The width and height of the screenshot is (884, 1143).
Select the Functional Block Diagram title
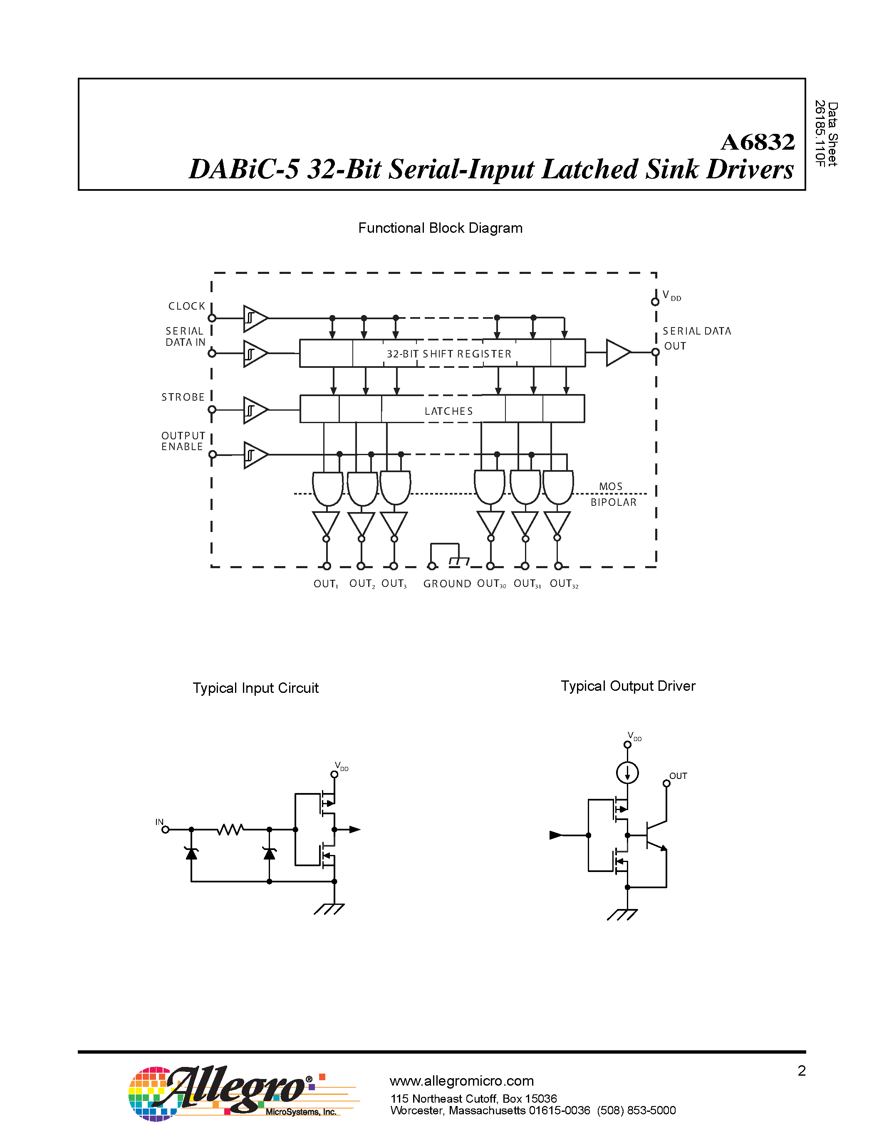440,228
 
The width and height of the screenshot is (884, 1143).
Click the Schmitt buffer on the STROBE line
255,410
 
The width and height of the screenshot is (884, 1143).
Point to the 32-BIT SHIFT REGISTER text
449,354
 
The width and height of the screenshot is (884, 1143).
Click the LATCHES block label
448,411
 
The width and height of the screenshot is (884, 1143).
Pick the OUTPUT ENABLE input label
183,441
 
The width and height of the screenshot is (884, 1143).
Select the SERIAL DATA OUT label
696,338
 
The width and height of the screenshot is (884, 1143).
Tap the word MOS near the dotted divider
611,486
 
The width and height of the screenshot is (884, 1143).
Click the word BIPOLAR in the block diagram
613,503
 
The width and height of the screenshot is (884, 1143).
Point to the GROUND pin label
447,584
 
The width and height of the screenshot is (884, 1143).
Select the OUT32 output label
564,584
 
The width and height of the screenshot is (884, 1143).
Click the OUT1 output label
325,584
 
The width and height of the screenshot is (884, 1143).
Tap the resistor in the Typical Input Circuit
230,830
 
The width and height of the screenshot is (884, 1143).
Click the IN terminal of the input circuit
164,829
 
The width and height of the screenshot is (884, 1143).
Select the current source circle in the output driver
627,773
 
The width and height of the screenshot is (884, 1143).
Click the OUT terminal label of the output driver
678,776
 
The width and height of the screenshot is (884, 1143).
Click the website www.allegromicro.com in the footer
461,1081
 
